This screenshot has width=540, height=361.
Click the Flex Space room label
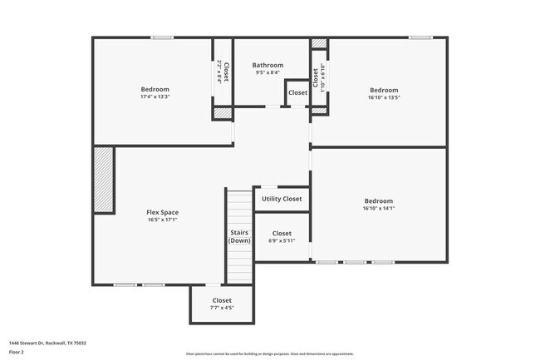tap(162, 212)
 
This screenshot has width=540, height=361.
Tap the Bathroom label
tap(268, 65)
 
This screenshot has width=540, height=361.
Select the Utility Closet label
tap(282, 199)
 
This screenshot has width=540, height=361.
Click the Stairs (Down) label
tap(240, 236)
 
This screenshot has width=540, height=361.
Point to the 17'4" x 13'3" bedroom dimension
tap(155, 97)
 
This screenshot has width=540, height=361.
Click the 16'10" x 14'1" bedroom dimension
tap(379, 209)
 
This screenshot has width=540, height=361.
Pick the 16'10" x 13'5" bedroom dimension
tap(384, 97)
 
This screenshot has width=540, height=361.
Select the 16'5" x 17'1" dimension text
tap(162, 220)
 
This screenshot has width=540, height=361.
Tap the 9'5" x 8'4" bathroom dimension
tap(268, 72)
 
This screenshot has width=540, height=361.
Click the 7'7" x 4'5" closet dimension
tap(222, 308)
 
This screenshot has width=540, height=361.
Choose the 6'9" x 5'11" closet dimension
tap(282, 241)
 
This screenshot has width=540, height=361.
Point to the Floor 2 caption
tap(17, 352)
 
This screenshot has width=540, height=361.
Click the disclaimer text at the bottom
tap(269, 354)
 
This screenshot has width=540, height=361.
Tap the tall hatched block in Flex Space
tap(103, 180)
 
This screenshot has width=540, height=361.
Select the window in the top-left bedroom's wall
tap(162, 37)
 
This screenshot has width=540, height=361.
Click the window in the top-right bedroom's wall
tap(420, 37)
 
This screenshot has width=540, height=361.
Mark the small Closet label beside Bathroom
tap(297, 92)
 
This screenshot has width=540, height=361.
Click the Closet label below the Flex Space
tap(222, 300)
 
